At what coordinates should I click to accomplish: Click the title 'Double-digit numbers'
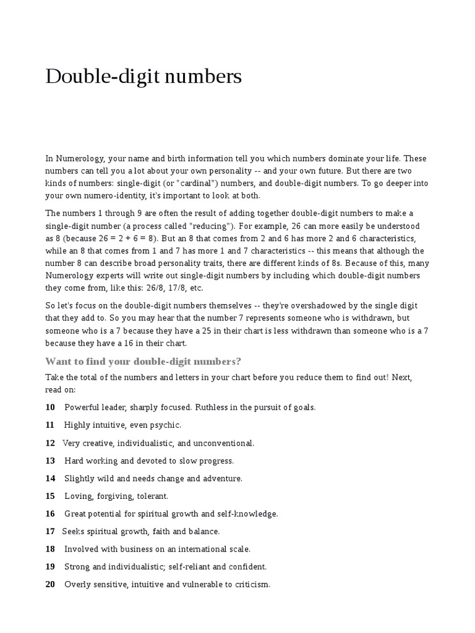click(143, 77)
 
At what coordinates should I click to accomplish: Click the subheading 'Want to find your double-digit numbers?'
click(143, 361)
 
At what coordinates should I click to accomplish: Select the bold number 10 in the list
click(50, 407)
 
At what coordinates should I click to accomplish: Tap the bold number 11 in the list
click(50, 425)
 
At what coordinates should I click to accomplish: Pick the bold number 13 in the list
click(50, 461)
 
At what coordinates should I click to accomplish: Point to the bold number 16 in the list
click(50, 514)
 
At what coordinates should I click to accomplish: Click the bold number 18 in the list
click(50, 549)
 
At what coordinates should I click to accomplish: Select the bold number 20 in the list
click(50, 584)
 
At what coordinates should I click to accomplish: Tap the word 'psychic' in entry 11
click(166, 425)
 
